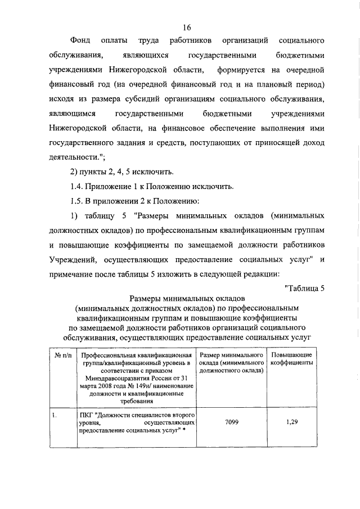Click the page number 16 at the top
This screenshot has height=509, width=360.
tap(187, 28)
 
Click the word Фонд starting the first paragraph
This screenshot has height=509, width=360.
tap(80, 42)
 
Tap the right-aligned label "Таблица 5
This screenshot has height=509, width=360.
tap(304, 289)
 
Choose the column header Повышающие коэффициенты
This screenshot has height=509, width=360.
tap(291, 360)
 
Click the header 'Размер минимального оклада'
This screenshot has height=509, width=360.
tap(231, 360)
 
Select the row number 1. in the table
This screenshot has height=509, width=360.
tap(54, 416)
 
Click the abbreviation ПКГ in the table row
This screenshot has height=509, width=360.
tap(85, 416)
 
